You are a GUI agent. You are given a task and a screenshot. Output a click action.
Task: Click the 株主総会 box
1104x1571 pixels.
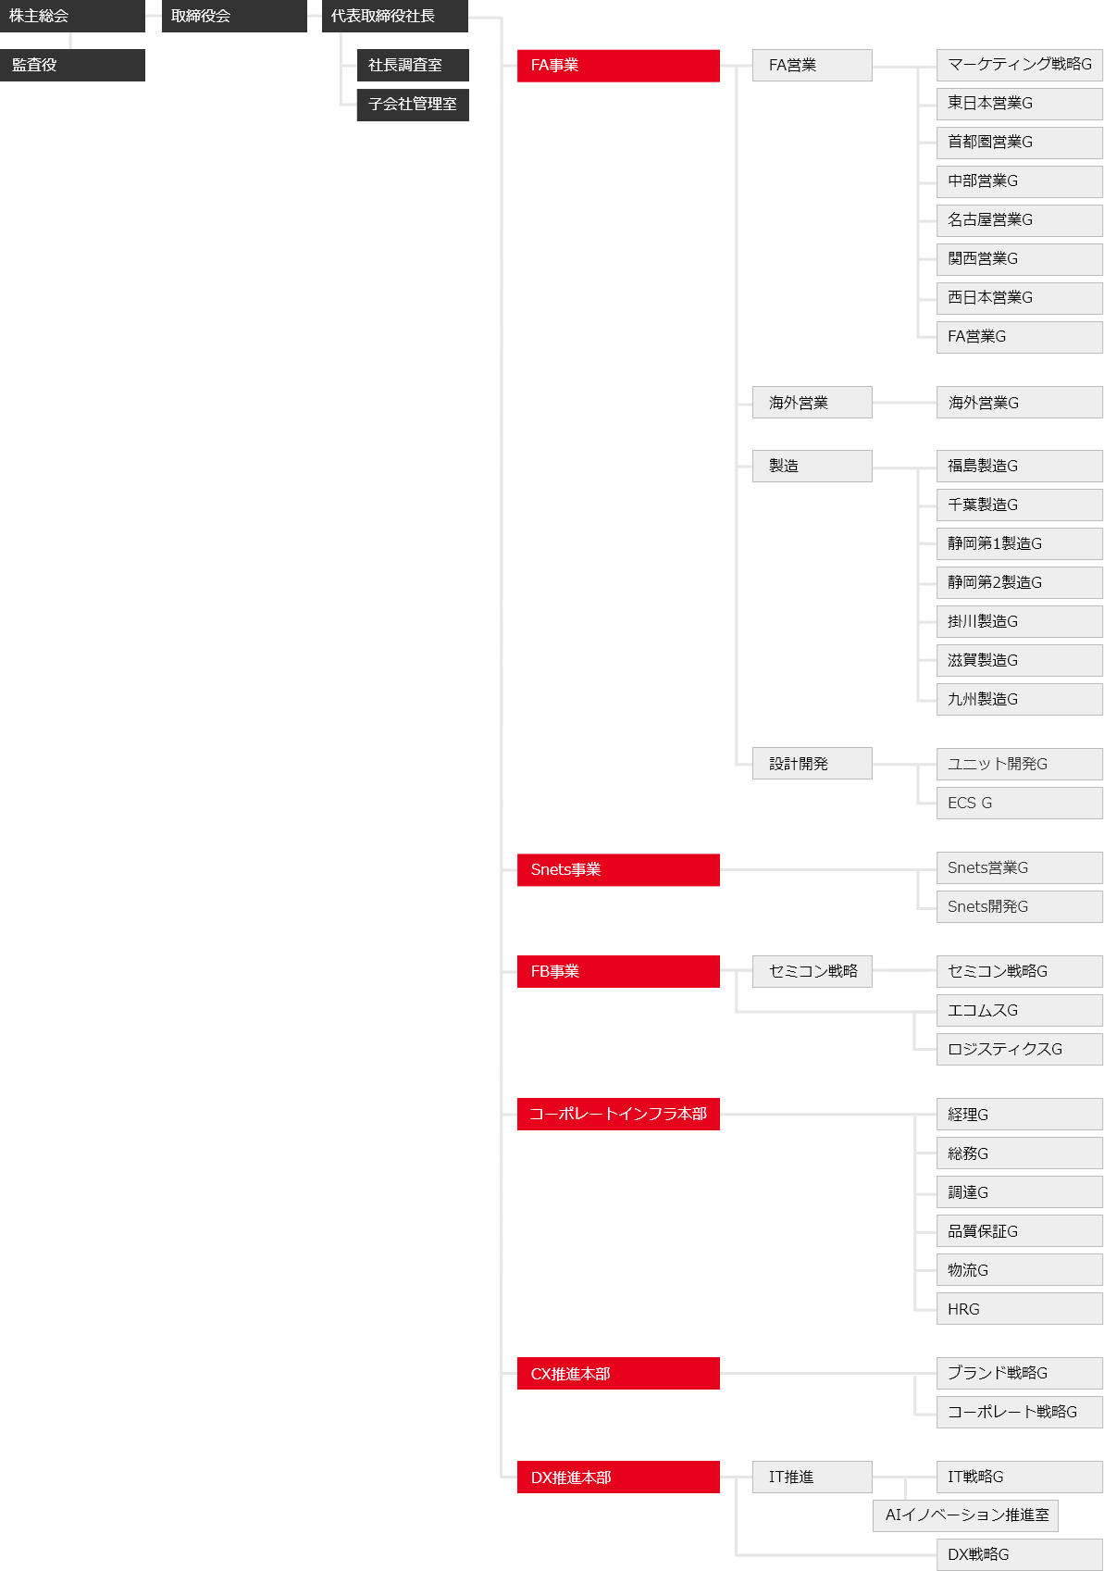[72, 16]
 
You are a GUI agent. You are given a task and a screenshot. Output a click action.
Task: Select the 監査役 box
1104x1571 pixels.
[72, 65]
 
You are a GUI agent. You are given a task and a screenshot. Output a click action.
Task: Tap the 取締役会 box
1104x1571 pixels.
[234, 16]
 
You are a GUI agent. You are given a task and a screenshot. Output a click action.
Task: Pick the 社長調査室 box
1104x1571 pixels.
[413, 65]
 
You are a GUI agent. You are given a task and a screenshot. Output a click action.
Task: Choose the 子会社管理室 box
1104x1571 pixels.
[413, 105]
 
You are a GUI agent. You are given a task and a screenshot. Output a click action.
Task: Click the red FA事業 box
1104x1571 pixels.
[618, 66]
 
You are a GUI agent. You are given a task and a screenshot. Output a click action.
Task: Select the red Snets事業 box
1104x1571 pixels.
[618, 869]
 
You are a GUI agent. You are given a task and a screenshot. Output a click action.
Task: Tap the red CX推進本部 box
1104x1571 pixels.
[618, 1373]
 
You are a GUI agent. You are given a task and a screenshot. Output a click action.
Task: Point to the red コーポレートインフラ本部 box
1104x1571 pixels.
[618, 1114]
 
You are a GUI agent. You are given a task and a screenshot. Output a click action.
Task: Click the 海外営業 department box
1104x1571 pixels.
[812, 403]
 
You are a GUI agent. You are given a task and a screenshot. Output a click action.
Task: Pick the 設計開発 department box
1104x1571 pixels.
[812, 763]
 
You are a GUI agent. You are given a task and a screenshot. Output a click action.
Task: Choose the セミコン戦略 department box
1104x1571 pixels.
[812, 971]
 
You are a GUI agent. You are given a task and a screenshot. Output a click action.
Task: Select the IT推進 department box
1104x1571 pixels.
[812, 1477]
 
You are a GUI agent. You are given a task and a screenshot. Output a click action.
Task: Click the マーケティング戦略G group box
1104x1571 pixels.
[1020, 65]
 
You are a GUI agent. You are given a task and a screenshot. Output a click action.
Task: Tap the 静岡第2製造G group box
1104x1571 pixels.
[1020, 583]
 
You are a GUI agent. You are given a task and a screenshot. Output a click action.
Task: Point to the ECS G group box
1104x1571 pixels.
[1020, 803]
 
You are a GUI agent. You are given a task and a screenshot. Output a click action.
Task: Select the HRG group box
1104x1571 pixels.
[1020, 1309]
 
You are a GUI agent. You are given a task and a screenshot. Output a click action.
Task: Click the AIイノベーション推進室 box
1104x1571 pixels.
[965, 1515]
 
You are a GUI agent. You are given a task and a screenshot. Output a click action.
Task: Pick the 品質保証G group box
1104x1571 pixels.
[1020, 1231]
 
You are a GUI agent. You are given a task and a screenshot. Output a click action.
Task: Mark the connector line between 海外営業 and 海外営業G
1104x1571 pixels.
[905, 403]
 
